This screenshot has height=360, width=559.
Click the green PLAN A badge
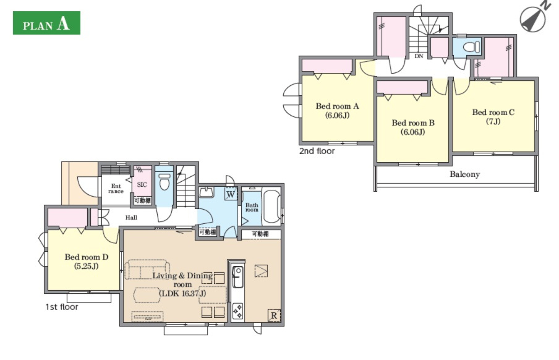[46, 23]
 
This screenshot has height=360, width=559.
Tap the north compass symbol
[534, 18]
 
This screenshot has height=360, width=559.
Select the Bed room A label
[337, 111]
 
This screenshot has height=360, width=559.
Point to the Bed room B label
[413, 127]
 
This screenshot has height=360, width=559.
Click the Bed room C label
[493, 117]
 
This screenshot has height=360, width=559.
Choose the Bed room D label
[87, 262]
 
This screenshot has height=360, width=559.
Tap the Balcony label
[464, 174]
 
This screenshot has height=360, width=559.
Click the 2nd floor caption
[317, 151]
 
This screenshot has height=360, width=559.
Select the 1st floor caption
[62, 307]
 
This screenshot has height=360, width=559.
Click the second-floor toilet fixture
[471, 46]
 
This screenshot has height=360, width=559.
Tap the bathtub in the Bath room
[271, 207]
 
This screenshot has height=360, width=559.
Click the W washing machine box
[231, 194]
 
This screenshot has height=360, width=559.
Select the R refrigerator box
[274, 315]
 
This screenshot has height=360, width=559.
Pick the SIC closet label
[142, 184]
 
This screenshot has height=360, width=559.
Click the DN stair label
[419, 56]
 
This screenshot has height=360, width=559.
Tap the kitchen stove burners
[238, 311]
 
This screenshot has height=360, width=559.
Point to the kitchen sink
[238, 276]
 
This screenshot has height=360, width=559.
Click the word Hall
[131, 217]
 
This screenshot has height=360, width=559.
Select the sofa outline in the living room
[147, 269]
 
